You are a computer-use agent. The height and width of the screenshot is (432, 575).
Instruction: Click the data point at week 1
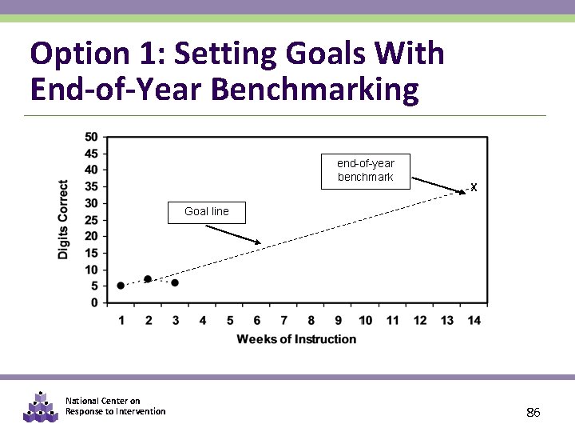tap(121, 286)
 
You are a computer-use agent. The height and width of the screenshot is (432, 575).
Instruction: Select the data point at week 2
tap(148, 279)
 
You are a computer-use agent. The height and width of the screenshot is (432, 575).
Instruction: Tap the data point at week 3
tap(175, 282)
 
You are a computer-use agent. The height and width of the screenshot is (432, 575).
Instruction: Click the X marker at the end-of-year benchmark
tap(474, 188)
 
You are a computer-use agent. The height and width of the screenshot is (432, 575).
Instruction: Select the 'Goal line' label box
tap(207, 212)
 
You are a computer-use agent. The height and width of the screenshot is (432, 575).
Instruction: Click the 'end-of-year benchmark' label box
tap(365, 170)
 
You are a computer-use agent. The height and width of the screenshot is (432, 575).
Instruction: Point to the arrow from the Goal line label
tap(233, 234)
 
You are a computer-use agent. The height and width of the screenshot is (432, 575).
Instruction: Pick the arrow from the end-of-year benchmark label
tap(438, 186)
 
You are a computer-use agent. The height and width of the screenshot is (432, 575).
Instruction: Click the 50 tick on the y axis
tap(91, 137)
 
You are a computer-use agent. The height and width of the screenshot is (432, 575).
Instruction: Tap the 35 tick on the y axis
tap(91, 186)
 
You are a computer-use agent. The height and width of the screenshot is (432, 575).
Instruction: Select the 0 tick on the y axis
tap(94, 302)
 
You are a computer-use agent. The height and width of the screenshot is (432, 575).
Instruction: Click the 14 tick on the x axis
tap(474, 320)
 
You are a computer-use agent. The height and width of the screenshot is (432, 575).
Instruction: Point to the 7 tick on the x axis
tap(284, 320)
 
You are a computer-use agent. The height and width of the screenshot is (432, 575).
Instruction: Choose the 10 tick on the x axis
tap(365, 320)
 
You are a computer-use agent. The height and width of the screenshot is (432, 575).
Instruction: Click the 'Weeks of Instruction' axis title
tap(296, 339)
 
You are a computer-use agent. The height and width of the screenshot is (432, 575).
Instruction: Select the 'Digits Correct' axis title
tap(64, 219)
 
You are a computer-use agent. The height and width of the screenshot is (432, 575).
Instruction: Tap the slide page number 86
tap(533, 413)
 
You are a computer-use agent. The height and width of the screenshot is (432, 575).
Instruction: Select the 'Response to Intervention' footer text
tap(116, 411)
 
